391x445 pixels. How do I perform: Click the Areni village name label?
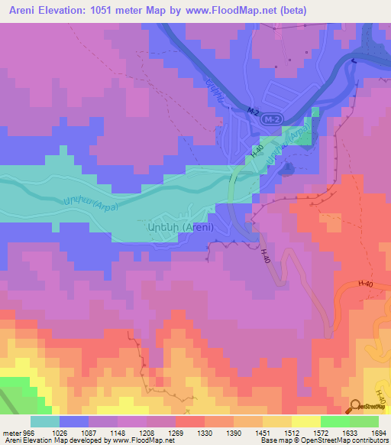tap(175, 226)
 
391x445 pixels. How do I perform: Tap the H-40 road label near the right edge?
tap(366, 284)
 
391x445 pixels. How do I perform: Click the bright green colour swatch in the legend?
tap(334, 421)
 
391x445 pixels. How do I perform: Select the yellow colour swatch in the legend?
tap(305, 421)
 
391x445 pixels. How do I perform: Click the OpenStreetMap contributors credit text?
tap(344, 441)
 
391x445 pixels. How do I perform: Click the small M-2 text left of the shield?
tap(253, 112)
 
